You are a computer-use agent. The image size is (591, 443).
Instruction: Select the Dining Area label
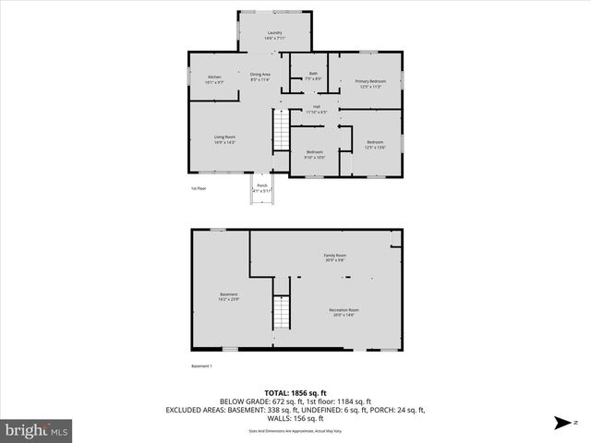(259, 77)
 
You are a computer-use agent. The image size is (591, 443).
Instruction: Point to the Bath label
(313, 76)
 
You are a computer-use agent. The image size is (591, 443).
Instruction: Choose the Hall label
(316, 109)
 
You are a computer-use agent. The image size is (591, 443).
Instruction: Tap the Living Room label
(224, 139)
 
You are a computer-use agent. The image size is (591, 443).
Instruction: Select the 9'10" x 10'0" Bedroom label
(315, 155)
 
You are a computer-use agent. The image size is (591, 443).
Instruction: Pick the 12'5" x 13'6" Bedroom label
(375, 144)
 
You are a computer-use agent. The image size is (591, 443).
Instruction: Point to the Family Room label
(334, 257)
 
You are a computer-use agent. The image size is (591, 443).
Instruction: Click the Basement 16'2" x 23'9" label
(229, 297)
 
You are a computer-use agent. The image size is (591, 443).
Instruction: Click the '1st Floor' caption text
(199, 188)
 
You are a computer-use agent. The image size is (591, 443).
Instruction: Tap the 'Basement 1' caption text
(202, 366)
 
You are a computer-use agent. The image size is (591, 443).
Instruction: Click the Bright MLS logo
(37, 430)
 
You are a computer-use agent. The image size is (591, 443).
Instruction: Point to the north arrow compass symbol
(560, 424)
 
